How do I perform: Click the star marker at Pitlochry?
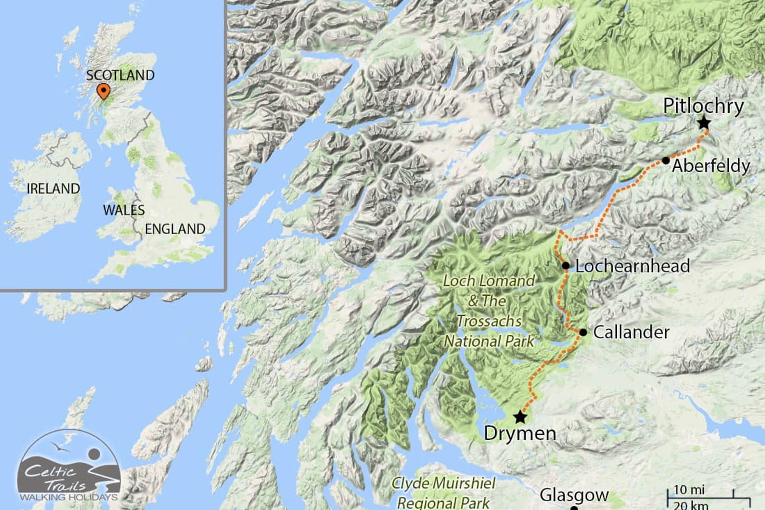pyautogui.click(x=704, y=123)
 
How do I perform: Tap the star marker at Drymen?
pyautogui.click(x=520, y=417)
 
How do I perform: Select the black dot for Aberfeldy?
pyautogui.click(x=666, y=161)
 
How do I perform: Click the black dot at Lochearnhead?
pyautogui.click(x=565, y=265)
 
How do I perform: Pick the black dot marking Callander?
pyautogui.click(x=583, y=332)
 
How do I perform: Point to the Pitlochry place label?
pyautogui.click(x=703, y=106)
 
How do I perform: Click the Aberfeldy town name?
pyautogui.click(x=711, y=166)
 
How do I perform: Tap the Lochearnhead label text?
pyautogui.click(x=633, y=266)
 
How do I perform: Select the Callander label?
pyautogui.click(x=631, y=332)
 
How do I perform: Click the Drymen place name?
pyautogui.click(x=520, y=433)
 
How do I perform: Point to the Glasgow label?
pyautogui.click(x=574, y=496)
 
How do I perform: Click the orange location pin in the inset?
pyautogui.click(x=103, y=91)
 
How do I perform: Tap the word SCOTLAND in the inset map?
pyautogui.click(x=120, y=75)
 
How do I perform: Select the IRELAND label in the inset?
pyautogui.click(x=53, y=188)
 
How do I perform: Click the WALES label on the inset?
pyautogui.click(x=124, y=210)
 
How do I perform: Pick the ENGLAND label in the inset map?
pyautogui.click(x=175, y=229)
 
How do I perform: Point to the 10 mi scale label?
pyautogui.click(x=689, y=490)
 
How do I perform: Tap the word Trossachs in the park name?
pyautogui.click(x=489, y=321)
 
